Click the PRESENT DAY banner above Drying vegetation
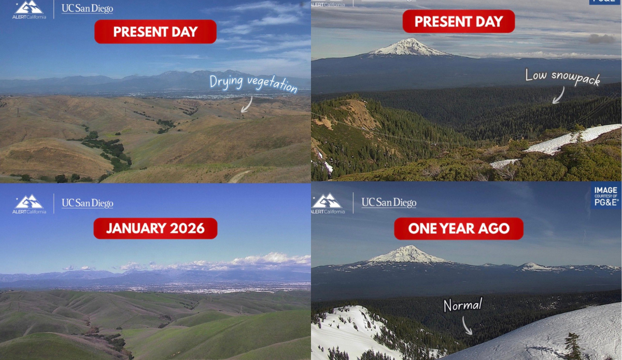click(155, 32)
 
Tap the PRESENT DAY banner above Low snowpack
click(459, 21)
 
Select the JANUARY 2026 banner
click(155, 228)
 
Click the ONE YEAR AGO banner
click(459, 228)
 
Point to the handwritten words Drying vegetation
click(253, 83)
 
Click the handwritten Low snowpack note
click(562, 77)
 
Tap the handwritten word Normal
click(463, 305)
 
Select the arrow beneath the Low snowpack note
click(559, 96)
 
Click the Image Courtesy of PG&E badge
click(606, 196)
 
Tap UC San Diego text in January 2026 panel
click(87, 203)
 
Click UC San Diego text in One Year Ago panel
click(389, 203)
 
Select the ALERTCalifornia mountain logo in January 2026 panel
click(29, 204)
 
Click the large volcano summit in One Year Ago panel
click(409, 254)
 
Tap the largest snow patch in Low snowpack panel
click(572, 139)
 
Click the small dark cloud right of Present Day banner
click(601, 38)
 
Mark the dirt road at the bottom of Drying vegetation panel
click(239, 176)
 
